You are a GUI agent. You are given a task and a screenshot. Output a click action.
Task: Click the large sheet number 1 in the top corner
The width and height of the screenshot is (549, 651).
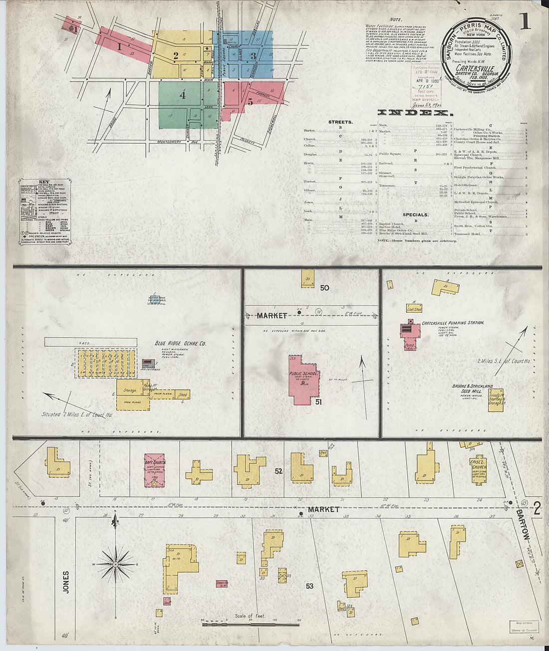[x=524, y=21]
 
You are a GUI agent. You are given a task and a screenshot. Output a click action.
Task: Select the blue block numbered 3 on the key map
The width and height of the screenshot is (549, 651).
[x=253, y=55]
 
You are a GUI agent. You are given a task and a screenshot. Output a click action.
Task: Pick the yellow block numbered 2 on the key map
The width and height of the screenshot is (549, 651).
[x=176, y=55]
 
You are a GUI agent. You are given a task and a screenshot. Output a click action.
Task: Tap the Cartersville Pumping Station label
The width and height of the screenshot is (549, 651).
[x=453, y=323]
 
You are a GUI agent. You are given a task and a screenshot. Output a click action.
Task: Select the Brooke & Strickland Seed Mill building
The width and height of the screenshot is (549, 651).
[x=496, y=401]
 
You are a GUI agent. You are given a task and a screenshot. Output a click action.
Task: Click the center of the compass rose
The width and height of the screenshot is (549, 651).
[x=115, y=564]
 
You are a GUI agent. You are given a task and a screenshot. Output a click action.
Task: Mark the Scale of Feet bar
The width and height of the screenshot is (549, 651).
[x=250, y=622]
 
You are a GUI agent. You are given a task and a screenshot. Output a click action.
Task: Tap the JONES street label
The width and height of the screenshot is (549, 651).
[x=66, y=582]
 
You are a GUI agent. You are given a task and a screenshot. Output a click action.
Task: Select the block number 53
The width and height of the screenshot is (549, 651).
[x=309, y=586]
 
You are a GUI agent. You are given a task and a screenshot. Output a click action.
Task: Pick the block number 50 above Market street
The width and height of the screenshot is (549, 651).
[x=324, y=288]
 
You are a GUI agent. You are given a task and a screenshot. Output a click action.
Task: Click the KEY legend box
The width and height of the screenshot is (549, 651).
[x=44, y=212]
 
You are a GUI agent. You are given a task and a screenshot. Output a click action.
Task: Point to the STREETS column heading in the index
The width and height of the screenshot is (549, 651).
[x=340, y=122]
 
